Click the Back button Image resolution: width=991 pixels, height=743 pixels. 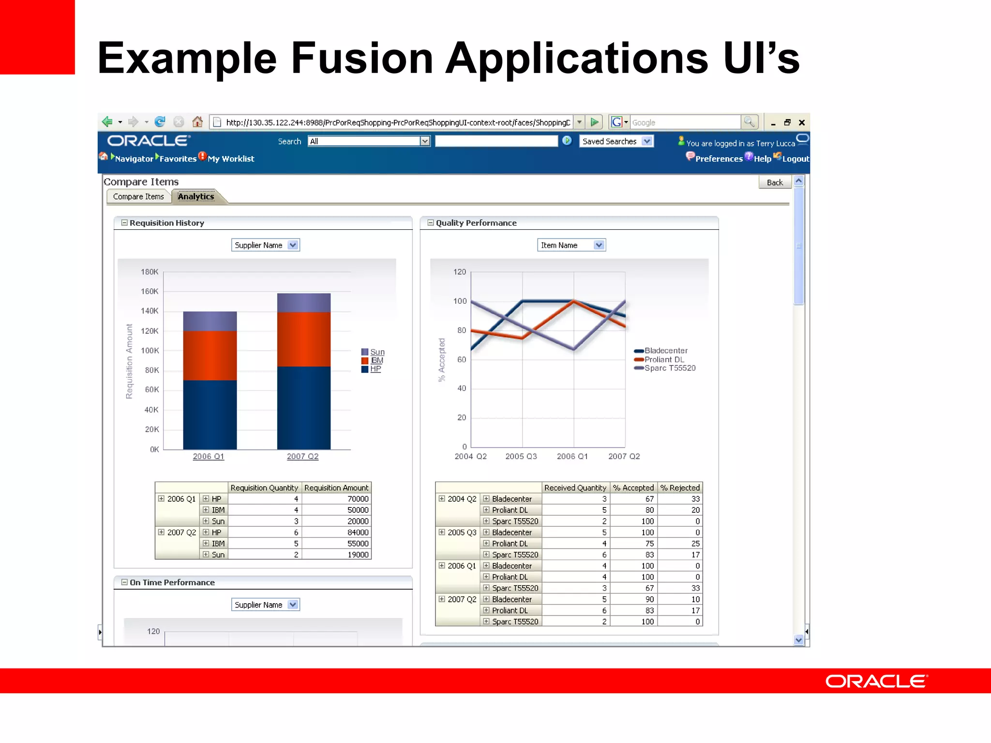point(774,182)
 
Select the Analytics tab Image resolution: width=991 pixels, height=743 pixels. point(196,196)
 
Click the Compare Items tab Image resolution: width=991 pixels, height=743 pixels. point(138,196)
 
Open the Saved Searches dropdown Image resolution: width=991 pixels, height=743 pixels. point(616,141)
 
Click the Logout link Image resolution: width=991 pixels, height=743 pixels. point(795,159)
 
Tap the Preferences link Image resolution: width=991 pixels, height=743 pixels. point(719,159)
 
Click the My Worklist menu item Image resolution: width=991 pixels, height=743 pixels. point(231,159)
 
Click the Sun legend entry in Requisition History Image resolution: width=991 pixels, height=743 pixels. point(377,352)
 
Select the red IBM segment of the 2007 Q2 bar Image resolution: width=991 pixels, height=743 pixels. point(304,339)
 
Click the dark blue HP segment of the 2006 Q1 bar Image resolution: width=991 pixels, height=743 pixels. point(210,415)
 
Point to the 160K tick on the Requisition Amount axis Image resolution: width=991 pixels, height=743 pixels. point(150,291)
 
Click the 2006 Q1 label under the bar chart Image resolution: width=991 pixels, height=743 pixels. point(209,456)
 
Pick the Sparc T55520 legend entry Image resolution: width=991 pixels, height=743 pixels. point(670,368)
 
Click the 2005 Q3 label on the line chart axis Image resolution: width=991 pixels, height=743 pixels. point(521,456)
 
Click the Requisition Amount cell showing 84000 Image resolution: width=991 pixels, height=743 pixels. point(358,532)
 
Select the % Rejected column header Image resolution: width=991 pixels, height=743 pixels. point(680,488)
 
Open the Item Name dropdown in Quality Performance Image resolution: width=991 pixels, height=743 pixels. point(571,245)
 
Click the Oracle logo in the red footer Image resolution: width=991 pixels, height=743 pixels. point(876,681)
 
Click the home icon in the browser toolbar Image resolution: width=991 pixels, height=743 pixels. point(197,122)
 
